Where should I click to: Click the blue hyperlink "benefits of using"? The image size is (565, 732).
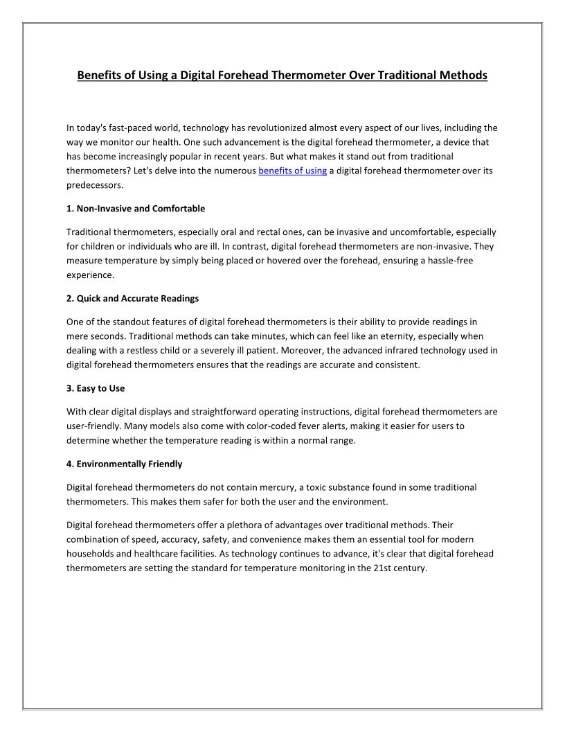pyautogui.click(x=292, y=171)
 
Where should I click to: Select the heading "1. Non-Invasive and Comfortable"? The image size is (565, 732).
pyautogui.click(x=136, y=208)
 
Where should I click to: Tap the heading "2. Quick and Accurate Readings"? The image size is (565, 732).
pyautogui.click(x=132, y=298)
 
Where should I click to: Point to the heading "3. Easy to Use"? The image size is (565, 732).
pyautogui.click(x=96, y=388)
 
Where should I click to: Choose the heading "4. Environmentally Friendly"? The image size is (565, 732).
pyautogui.click(x=124, y=464)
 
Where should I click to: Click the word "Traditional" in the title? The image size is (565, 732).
pyautogui.click(x=408, y=75)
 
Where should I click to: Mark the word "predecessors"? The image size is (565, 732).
pyautogui.click(x=95, y=185)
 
